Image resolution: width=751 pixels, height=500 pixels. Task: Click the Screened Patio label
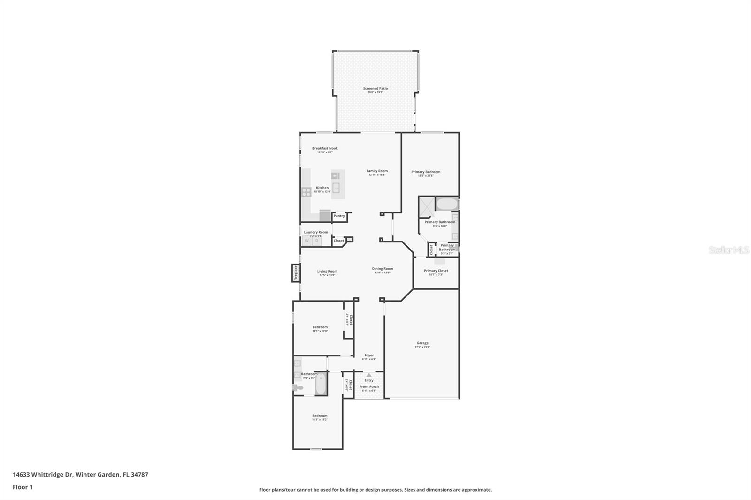(375, 88)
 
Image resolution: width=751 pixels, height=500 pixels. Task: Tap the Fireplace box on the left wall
(296, 273)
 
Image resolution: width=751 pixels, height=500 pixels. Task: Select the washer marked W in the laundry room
(307, 241)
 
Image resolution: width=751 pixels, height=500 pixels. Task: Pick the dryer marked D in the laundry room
(317, 241)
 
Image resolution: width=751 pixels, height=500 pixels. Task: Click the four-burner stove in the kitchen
(307, 191)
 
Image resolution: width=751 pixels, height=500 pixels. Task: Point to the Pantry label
(339, 216)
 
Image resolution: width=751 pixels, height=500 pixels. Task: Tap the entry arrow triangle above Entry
(369, 375)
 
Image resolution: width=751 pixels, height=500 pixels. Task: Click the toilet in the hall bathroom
(298, 387)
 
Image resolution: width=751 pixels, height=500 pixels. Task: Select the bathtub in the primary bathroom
(446, 204)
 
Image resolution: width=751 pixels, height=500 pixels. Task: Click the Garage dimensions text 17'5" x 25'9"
(422, 347)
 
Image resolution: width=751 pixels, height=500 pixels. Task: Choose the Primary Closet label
(436, 271)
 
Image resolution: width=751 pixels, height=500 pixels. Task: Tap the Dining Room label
(383, 269)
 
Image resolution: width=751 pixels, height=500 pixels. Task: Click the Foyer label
(369, 355)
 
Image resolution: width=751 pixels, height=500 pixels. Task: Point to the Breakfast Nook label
(325, 148)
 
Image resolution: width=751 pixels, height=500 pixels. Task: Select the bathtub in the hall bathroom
(321, 384)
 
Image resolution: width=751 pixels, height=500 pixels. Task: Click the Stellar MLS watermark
(728, 250)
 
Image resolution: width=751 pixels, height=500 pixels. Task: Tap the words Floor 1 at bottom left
(23, 487)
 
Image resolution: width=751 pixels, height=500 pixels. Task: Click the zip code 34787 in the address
(139, 474)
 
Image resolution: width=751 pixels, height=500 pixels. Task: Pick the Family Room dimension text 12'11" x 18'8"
(377, 175)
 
